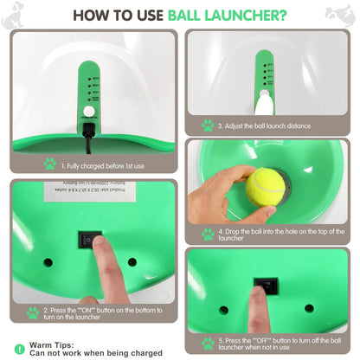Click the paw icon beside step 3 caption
pyautogui.click(x=207, y=125)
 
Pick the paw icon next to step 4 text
pyautogui.click(x=207, y=235)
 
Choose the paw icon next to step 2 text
pyautogui.click(x=32, y=312)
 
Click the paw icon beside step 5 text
pyautogui.click(x=207, y=343)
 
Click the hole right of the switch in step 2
pyautogui.click(x=132, y=261)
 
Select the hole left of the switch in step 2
pyautogui.click(x=48, y=261)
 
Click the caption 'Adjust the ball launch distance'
pyautogui.click(x=263, y=125)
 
